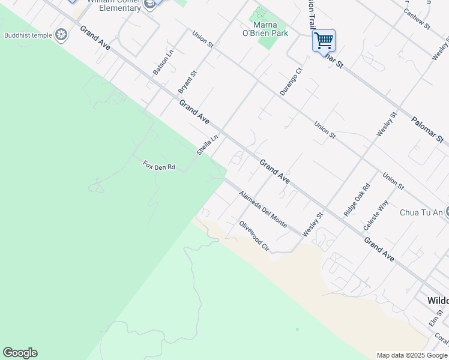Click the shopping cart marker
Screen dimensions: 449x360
(x=324, y=41)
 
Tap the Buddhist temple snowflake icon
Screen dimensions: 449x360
(x=61, y=35)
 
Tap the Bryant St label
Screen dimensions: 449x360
(x=187, y=82)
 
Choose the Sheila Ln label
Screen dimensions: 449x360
(x=207, y=145)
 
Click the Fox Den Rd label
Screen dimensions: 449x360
(x=158, y=165)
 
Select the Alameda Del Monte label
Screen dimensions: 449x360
(x=262, y=208)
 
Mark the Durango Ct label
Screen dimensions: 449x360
(x=291, y=81)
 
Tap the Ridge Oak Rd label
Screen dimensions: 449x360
(x=357, y=200)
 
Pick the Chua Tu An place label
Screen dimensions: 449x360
(x=421, y=212)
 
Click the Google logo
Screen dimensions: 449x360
(x=20, y=353)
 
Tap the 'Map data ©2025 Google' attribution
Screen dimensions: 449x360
(x=412, y=355)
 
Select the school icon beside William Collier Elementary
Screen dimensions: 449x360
(x=149, y=4)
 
